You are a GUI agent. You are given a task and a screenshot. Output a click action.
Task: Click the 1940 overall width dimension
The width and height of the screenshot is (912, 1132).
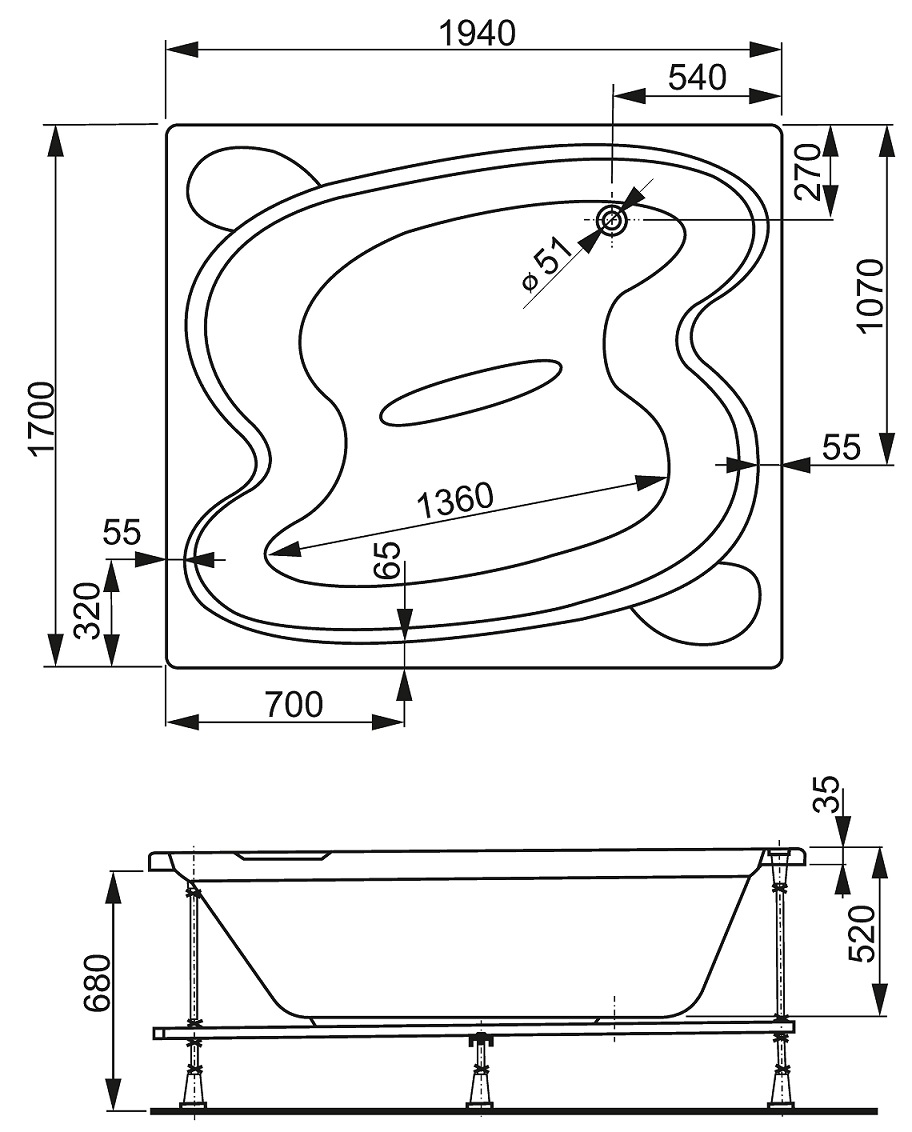click(478, 33)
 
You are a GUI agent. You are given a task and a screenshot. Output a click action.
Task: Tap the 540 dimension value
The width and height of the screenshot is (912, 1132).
click(697, 77)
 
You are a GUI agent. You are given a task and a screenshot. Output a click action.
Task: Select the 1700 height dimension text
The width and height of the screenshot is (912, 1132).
click(43, 417)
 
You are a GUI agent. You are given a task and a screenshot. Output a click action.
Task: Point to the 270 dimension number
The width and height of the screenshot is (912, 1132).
click(807, 172)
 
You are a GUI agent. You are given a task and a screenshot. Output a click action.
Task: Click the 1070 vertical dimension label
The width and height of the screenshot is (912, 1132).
click(871, 294)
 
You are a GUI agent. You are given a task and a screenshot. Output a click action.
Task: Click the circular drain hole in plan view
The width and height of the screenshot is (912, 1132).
click(612, 220)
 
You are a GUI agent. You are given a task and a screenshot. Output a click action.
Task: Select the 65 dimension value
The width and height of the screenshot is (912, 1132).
click(388, 560)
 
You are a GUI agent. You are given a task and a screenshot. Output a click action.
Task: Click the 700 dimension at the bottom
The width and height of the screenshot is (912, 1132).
click(294, 704)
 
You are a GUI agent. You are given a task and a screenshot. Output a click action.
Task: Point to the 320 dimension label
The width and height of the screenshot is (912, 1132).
click(87, 611)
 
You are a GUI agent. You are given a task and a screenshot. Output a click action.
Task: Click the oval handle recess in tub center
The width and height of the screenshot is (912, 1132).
click(470, 391)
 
